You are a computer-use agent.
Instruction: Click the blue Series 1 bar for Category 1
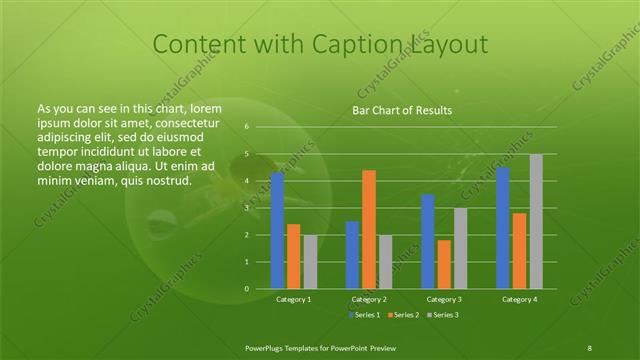click(277, 230)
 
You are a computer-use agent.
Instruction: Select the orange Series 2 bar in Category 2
click(369, 229)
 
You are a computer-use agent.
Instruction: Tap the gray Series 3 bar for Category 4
click(536, 221)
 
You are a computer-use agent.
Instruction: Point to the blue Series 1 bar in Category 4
click(503, 228)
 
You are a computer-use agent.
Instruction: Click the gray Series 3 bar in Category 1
click(310, 261)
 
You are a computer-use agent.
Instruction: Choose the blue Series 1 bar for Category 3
click(428, 241)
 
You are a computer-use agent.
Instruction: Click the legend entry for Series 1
click(365, 315)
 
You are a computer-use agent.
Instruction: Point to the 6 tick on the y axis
click(246, 127)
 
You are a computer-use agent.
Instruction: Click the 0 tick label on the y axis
click(246, 289)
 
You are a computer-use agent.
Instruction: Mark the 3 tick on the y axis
click(246, 208)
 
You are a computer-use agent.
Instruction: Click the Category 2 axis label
click(369, 299)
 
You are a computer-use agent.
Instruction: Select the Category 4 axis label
click(519, 299)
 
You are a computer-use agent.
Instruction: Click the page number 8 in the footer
click(590, 346)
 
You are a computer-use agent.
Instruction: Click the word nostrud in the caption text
click(168, 181)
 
